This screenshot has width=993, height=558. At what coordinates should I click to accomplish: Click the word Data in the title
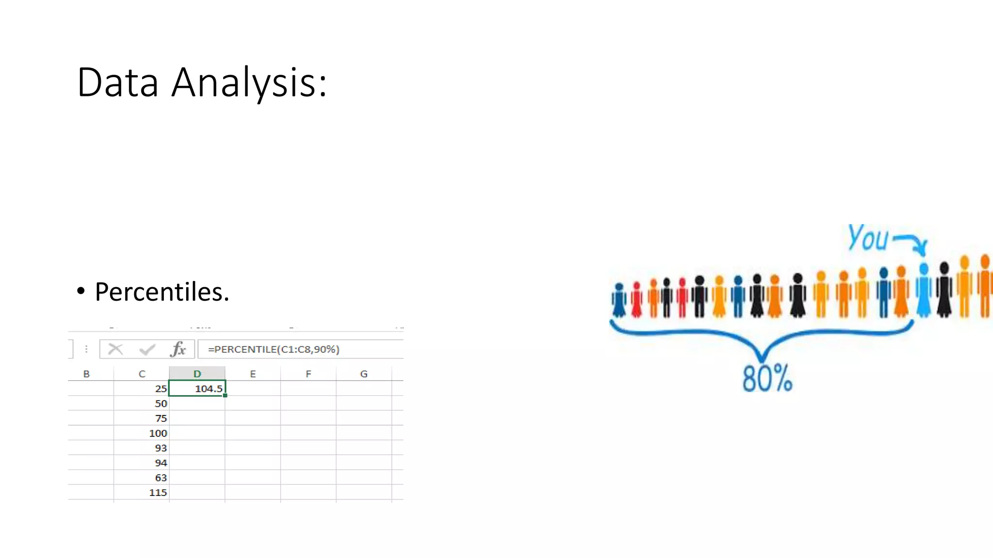(x=118, y=83)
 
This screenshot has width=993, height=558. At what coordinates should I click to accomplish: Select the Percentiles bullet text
(x=161, y=292)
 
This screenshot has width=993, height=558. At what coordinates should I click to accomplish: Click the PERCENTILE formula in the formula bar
(x=273, y=349)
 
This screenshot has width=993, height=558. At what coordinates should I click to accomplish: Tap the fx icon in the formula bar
(x=178, y=349)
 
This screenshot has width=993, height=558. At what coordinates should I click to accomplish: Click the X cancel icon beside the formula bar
(x=115, y=349)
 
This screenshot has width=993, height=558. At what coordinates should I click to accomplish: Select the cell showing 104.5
(x=197, y=388)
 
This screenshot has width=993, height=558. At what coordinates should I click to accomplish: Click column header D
(x=197, y=374)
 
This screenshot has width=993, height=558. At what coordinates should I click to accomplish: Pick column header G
(x=364, y=374)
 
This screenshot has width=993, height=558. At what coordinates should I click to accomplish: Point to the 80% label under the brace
(x=767, y=379)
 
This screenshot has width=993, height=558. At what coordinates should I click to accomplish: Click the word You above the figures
(x=868, y=238)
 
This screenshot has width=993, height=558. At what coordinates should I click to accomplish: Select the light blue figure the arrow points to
(x=924, y=291)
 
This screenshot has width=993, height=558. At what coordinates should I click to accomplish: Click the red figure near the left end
(x=637, y=300)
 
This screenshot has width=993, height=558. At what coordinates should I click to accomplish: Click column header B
(x=86, y=374)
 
